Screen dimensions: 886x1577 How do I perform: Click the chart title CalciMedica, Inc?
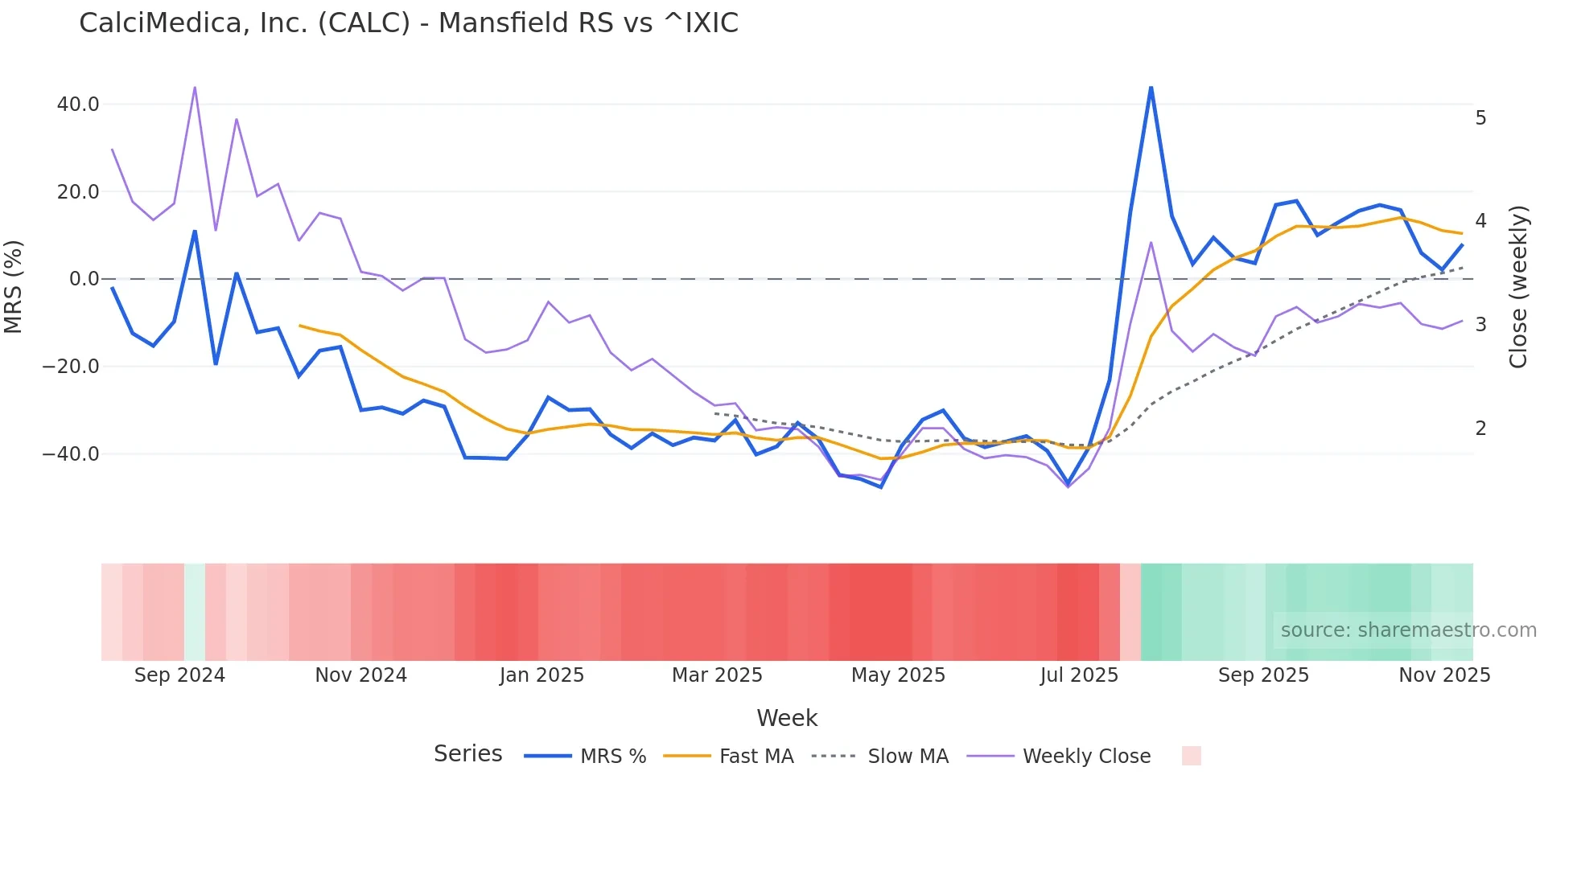pyautogui.click(x=408, y=23)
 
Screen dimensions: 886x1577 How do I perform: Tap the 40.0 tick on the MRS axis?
pyautogui.click(x=78, y=105)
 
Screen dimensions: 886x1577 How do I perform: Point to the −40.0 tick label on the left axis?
pyautogui.click(x=71, y=453)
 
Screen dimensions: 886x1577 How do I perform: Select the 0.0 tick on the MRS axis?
pyautogui.click(x=84, y=279)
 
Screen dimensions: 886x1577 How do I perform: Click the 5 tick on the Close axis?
pyautogui.click(x=1480, y=118)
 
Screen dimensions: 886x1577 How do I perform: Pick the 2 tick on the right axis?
pyautogui.click(x=1480, y=429)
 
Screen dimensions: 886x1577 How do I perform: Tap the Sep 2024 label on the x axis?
pyautogui.click(x=179, y=675)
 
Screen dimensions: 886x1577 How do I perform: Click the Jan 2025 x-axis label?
pyautogui.click(x=541, y=675)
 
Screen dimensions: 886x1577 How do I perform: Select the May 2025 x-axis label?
pyautogui.click(x=898, y=675)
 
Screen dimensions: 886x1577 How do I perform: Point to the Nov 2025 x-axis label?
pyautogui.click(x=1444, y=675)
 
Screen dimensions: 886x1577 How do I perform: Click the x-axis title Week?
pyautogui.click(x=787, y=718)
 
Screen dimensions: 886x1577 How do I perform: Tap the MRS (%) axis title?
pyautogui.click(x=14, y=286)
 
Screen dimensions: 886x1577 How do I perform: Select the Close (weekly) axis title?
pyautogui.click(x=1518, y=287)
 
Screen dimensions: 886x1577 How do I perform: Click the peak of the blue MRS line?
pyautogui.click(x=1151, y=87)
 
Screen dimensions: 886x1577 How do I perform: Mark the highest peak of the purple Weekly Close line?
pyautogui.click(x=195, y=87)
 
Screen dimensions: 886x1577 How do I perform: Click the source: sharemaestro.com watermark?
pyautogui.click(x=1408, y=630)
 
